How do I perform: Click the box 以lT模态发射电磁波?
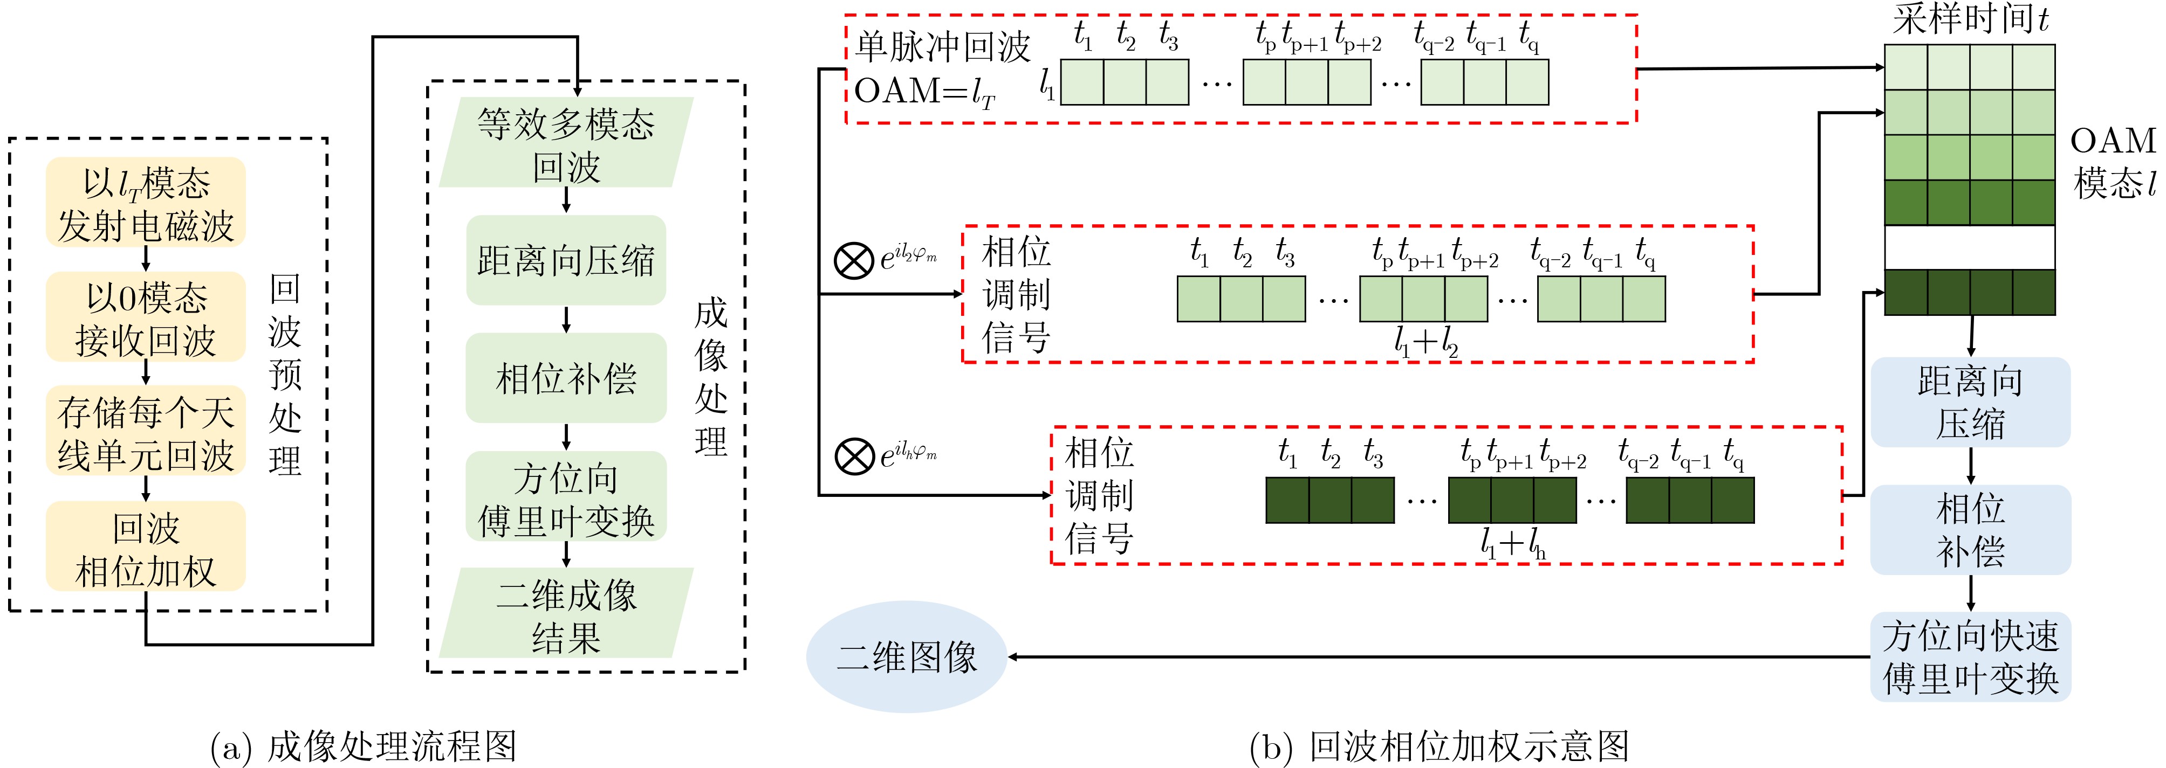tap(146, 203)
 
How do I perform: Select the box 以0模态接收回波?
tap(146, 317)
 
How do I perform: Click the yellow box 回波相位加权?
tap(146, 548)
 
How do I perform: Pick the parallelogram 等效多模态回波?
tap(566, 143)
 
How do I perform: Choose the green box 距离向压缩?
tap(566, 260)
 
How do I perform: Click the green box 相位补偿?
tap(566, 378)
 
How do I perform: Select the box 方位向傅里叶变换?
tap(566, 497)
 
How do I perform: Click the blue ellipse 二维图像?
tap(907, 656)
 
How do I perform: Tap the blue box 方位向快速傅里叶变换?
tap(1970, 657)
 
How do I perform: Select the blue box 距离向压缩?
tap(1970, 402)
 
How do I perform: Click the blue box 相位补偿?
tap(1970, 530)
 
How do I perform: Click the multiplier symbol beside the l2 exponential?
tap(853, 260)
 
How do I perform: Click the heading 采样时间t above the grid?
tap(1970, 20)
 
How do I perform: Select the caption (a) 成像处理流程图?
tap(363, 746)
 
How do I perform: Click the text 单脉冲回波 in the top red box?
tap(942, 46)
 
